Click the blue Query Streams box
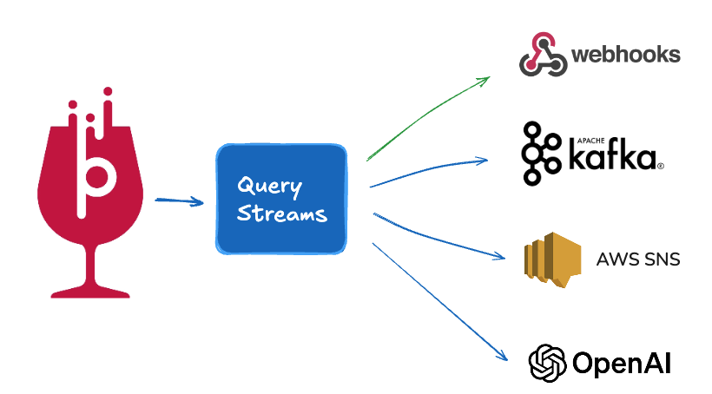tap(281, 200)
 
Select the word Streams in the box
tap(283, 213)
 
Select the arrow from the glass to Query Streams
tap(179, 202)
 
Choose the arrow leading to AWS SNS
tap(438, 239)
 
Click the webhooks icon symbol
tap(543, 55)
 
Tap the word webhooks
tap(625, 56)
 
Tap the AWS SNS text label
tap(638, 259)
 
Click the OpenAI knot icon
tap(548, 362)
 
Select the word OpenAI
tap(621, 363)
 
